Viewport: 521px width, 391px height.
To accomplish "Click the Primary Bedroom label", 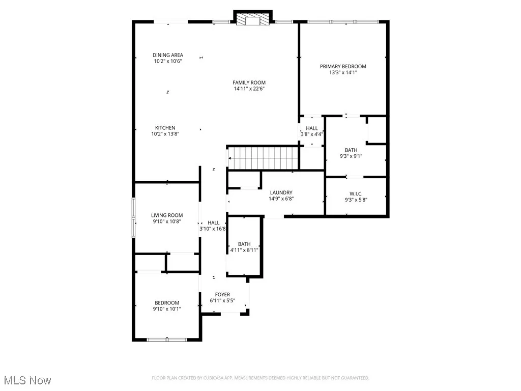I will tap(343, 66).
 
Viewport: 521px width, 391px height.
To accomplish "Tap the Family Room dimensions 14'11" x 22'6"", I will tap(249, 89).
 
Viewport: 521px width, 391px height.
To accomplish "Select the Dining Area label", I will tap(168, 55).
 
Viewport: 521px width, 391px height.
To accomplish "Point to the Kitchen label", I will tap(165, 128).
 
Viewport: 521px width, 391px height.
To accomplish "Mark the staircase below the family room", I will tap(262, 157).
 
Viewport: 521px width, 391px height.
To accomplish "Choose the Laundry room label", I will tap(281, 192).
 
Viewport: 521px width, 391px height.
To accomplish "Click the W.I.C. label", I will tap(355, 193).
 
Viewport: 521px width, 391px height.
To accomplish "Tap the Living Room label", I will tap(167, 215).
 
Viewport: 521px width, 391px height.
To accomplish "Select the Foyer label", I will tap(222, 294).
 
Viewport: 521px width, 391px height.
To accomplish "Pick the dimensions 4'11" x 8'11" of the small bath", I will tap(245, 250).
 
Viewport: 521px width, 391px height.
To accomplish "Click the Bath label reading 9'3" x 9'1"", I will tap(351, 150).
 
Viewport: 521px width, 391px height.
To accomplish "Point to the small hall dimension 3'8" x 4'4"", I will tap(312, 134).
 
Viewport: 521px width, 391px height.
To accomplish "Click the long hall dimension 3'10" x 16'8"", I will tap(213, 229).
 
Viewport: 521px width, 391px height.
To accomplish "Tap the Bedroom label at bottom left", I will tap(167, 303).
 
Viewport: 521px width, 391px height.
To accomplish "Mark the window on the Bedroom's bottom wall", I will tap(167, 339).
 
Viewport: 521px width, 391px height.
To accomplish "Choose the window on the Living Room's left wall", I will tap(134, 217).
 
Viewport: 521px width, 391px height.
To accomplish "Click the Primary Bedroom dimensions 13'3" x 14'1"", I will tap(343, 73).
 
